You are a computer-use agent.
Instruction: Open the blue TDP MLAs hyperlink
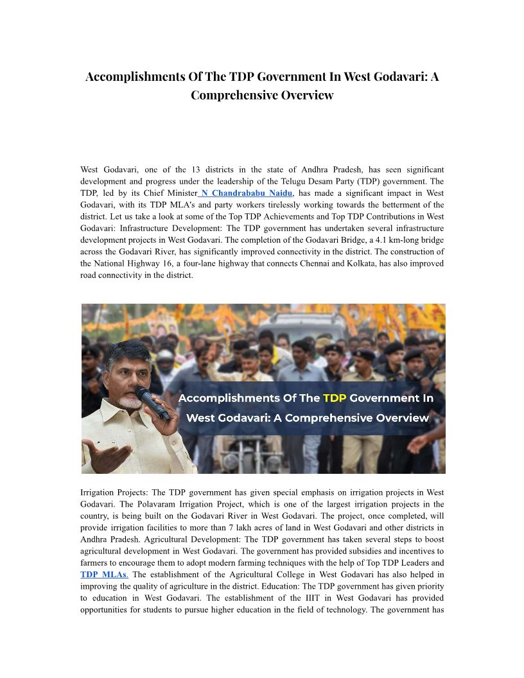point(104,575)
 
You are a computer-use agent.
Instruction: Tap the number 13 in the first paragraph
point(197,169)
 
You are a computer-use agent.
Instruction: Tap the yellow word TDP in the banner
point(334,398)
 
